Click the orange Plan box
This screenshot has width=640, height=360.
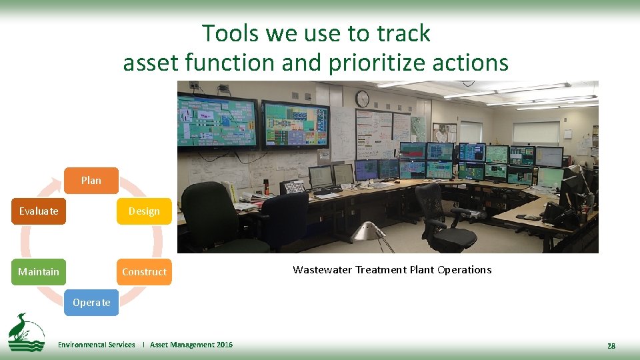click(91, 180)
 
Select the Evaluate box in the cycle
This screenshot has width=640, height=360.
click(39, 211)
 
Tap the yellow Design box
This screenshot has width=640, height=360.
click(144, 211)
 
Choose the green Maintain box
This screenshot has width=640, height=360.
click(39, 271)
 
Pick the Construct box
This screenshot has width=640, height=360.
click(144, 271)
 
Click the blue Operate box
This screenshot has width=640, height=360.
click(91, 302)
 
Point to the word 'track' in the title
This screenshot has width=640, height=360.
click(405, 33)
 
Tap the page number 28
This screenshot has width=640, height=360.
click(611, 345)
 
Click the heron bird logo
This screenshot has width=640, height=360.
click(26, 331)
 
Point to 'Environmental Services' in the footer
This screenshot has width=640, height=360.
click(96, 345)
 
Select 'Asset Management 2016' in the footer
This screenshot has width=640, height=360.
click(191, 345)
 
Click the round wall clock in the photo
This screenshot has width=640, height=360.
click(362, 99)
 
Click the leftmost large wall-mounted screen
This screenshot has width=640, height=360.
click(217, 122)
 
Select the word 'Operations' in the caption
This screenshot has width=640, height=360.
click(464, 269)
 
